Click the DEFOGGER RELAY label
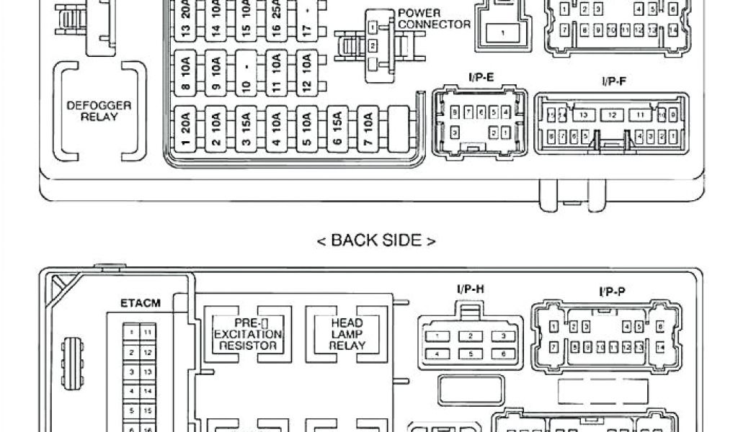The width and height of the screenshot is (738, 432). [x=99, y=110]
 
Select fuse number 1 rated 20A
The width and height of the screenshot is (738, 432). [x=186, y=129]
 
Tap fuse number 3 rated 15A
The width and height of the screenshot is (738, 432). [x=246, y=129]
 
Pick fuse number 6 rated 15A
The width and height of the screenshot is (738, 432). [x=337, y=129]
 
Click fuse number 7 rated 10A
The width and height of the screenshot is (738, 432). [x=368, y=129]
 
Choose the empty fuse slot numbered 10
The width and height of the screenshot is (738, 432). [x=246, y=73]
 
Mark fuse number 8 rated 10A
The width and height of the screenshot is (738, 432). [x=186, y=73]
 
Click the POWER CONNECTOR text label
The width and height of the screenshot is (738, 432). [x=433, y=19]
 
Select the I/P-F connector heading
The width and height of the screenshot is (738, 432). [x=614, y=81]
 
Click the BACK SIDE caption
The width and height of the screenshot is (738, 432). [x=376, y=240]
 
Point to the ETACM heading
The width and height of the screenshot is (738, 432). [x=141, y=303]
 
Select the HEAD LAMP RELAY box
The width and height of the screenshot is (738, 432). [x=347, y=333]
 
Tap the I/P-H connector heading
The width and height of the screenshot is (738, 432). [x=470, y=289]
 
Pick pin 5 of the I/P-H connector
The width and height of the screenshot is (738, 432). [x=470, y=354]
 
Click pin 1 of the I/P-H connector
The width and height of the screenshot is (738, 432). [x=437, y=336]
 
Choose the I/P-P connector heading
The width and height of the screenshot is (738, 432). [x=612, y=292]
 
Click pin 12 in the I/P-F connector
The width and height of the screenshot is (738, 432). [x=612, y=115]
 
